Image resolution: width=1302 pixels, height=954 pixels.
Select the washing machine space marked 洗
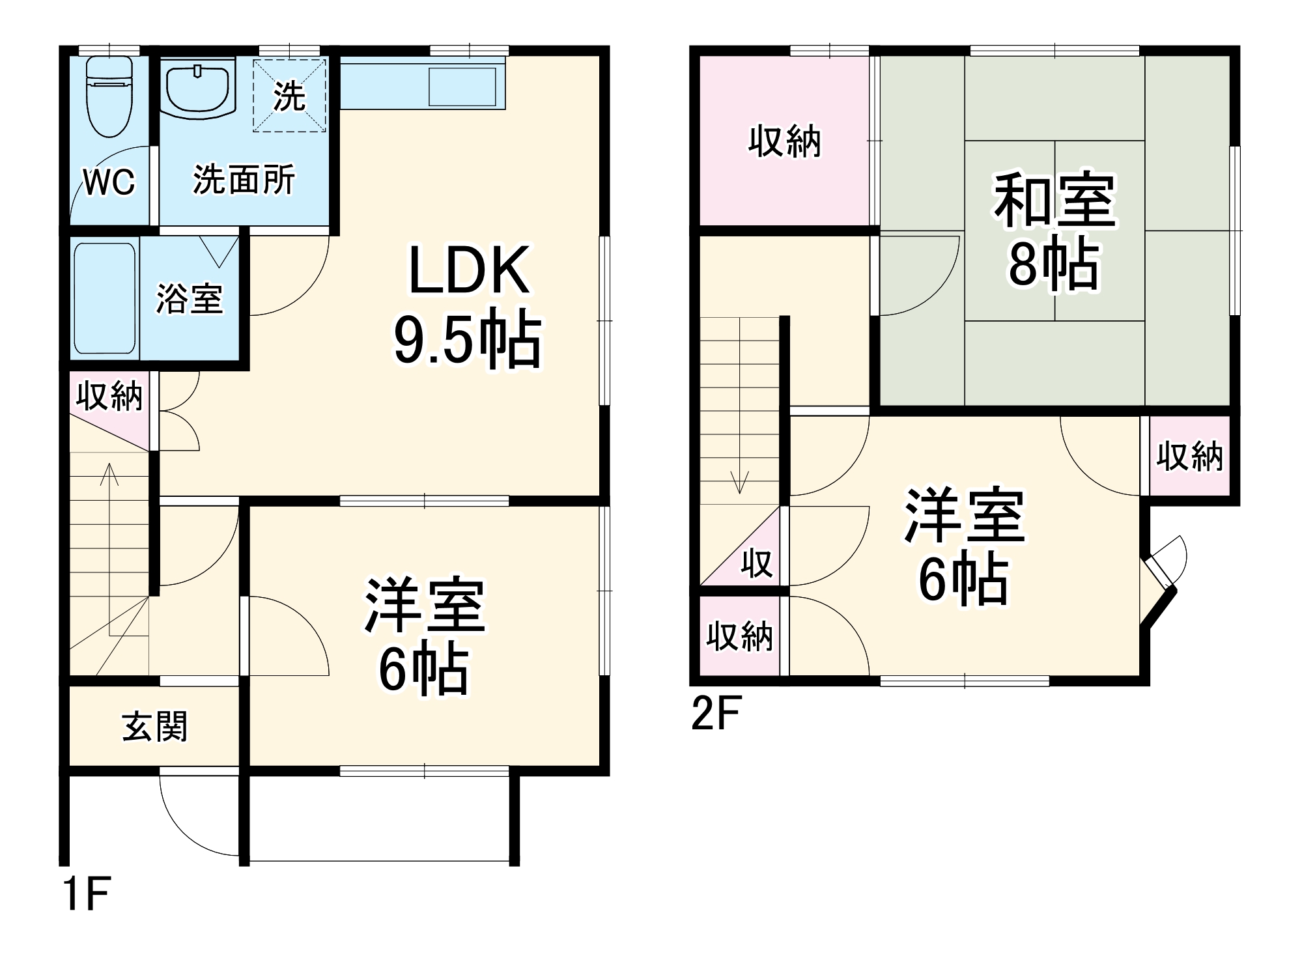[x=289, y=96]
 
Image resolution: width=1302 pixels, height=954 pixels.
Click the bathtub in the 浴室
[x=105, y=299]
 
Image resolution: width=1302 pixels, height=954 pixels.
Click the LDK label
[x=468, y=270]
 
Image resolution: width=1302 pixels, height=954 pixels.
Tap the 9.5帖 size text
[x=467, y=341]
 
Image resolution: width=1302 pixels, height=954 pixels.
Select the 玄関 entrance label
[x=155, y=726]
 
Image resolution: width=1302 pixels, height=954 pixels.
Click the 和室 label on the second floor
[x=1054, y=200]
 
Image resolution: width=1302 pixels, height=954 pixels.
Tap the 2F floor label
[x=716, y=714]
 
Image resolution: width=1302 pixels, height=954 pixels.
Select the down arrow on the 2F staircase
[x=740, y=481]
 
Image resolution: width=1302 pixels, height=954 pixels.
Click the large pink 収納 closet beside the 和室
[x=784, y=141]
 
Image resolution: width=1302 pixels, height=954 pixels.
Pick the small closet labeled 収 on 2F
[x=756, y=563]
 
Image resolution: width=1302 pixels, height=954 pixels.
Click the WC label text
[x=109, y=182]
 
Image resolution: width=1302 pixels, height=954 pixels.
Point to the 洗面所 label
[x=244, y=180]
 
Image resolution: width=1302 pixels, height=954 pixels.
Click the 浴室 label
[x=189, y=299]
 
